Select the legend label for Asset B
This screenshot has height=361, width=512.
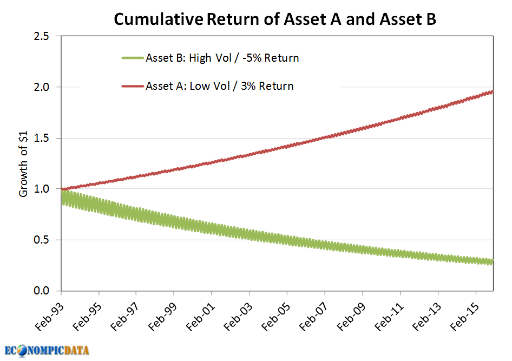click(x=222, y=58)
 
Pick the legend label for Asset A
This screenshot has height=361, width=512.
click(x=219, y=86)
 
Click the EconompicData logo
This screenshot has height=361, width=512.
click(x=47, y=350)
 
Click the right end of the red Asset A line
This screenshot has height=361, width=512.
click(x=492, y=91)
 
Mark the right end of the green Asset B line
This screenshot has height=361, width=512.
click(x=491, y=262)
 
